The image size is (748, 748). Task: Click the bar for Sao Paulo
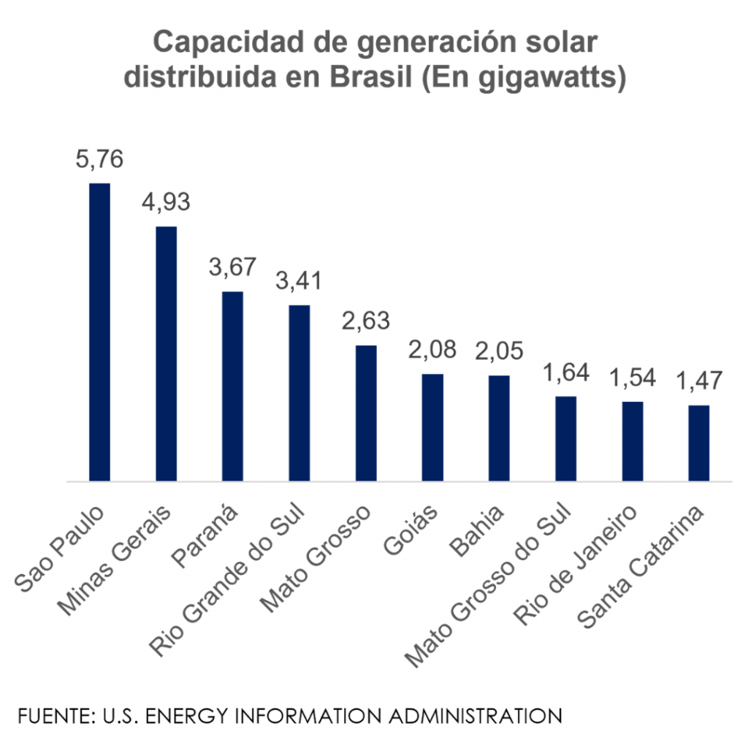point(99,332)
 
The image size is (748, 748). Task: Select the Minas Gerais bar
point(166,354)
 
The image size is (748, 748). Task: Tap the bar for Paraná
point(232,386)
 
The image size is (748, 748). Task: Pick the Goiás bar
point(432,428)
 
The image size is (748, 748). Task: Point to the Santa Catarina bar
point(699,443)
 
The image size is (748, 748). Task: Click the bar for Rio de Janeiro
point(633,441)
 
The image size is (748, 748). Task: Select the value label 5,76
point(99,159)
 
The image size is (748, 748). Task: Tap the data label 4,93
point(166,202)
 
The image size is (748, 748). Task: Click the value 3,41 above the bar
point(299,280)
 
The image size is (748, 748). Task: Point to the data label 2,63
point(366,321)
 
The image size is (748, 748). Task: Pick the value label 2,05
point(500,351)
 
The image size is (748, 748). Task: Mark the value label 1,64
point(566,372)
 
